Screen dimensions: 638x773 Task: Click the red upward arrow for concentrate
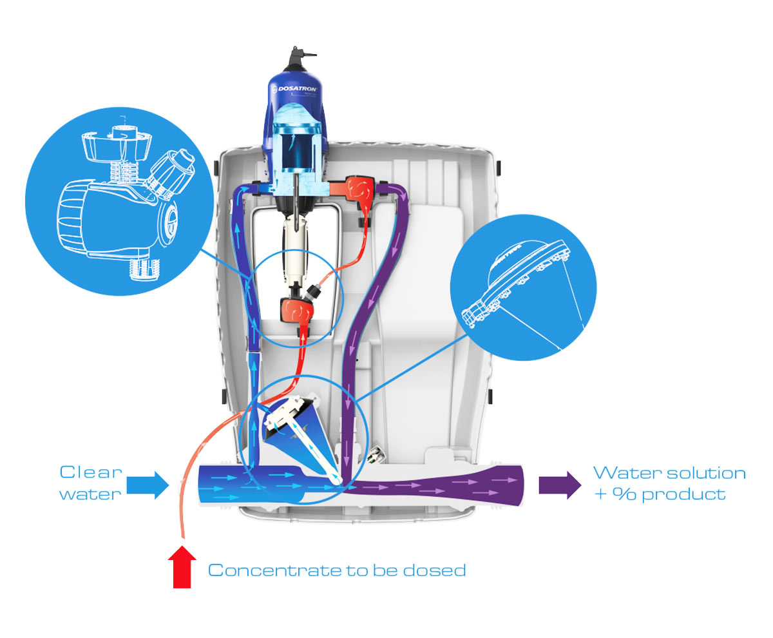[x=184, y=567]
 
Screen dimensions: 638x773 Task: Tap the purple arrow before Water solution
[x=560, y=485]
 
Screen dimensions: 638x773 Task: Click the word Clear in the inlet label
[x=91, y=472]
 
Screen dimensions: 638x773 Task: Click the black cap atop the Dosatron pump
[x=298, y=58]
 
